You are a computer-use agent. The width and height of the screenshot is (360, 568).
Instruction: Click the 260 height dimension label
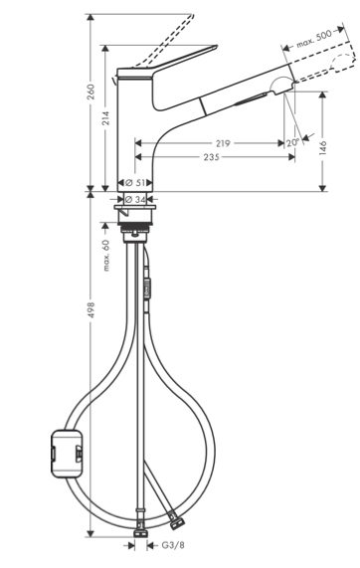(x=90, y=92)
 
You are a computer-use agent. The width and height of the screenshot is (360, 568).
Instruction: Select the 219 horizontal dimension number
(x=223, y=143)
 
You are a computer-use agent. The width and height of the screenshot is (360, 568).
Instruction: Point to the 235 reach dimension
(x=212, y=157)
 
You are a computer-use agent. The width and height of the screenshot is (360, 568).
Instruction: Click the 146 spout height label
(x=322, y=148)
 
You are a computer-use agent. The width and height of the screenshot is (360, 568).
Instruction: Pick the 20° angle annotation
(x=292, y=142)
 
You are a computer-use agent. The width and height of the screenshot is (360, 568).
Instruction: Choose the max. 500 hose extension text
(x=313, y=39)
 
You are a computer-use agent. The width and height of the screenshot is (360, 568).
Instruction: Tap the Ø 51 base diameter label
(x=135, y=183)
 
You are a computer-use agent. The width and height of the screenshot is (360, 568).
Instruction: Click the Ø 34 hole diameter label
(x=135, y=199)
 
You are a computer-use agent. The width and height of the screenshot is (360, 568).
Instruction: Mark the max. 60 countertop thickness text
(x=105, y=256)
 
